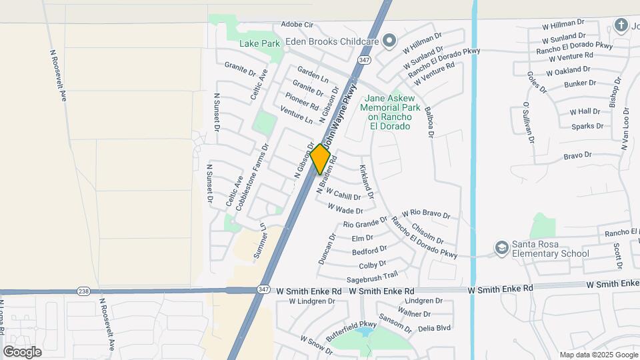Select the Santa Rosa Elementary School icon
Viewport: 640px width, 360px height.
pyautogui.click(x=501, y=249)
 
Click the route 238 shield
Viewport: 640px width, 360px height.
pyautogui.click(x=83, y=291)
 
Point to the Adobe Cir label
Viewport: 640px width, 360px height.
pyautogui.click(x=297, y=24)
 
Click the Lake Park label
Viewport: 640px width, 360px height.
pyautogui.click(x=259, y=43)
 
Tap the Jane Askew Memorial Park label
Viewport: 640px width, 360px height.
pyautogui.click(x=391, y=111)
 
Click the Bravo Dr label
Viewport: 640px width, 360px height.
pyautogui.click(x=577, y=155)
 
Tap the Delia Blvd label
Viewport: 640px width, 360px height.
pyautogui.click(x=434, y=328)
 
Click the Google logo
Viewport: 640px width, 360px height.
pyautogui.click(x=22, y=351)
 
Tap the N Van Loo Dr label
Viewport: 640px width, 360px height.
pyautogui.click(x=626, y=128)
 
